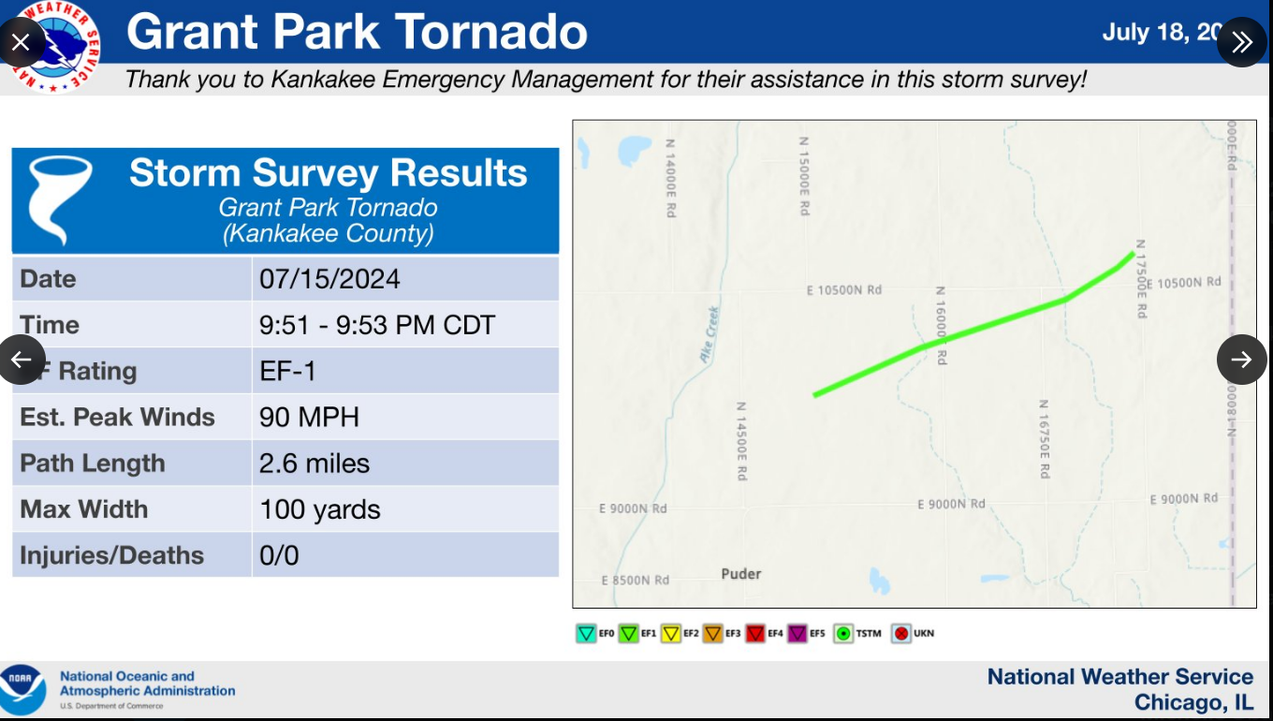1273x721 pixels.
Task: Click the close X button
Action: click(22, 42)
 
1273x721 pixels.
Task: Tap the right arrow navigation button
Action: click(1241, 360)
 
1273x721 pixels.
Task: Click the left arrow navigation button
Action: click(22, 360)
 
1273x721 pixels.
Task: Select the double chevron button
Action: click(1241, 42)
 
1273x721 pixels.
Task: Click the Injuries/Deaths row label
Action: click(112, 555)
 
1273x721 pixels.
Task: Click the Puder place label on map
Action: click(741, 573)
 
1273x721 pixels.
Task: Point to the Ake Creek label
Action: click(709, 334)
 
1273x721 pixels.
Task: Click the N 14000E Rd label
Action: click(670, 178)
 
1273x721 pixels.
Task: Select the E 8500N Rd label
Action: click(636, 581)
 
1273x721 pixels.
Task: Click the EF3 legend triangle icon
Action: click(713, 634)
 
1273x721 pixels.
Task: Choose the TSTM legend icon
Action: click(843, 634)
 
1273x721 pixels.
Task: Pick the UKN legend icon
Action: click(901, 634)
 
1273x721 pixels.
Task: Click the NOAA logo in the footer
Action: click(22, 689)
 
